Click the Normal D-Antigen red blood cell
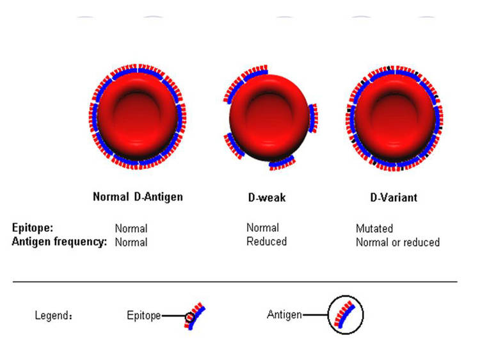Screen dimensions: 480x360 coord(138,117)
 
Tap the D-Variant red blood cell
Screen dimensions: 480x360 coord(395,118)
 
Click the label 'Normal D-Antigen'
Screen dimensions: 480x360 coord(138,197)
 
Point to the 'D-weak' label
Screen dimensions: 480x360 coord(267,197)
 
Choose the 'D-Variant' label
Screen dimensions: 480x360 coord(394,197)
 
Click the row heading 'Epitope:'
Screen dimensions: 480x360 coord(33,228)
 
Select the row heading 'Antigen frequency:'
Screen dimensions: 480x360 coord(60,241)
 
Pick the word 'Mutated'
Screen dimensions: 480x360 coord(374,228)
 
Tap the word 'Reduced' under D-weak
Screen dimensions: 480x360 coord(267,241)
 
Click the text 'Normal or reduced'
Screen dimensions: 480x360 coord(397,242)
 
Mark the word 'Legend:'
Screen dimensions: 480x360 coord(54,315)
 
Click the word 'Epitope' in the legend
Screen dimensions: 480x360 coord(144,315)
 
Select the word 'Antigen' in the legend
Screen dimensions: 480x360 coord(284,315)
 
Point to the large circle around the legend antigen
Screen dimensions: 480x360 coord(328,315)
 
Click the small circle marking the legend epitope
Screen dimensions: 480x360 coord(186,317)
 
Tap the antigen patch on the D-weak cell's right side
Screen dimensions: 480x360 coord(313,119)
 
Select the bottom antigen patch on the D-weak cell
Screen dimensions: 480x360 coord(282,163)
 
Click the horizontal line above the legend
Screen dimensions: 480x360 coord(235,281)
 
